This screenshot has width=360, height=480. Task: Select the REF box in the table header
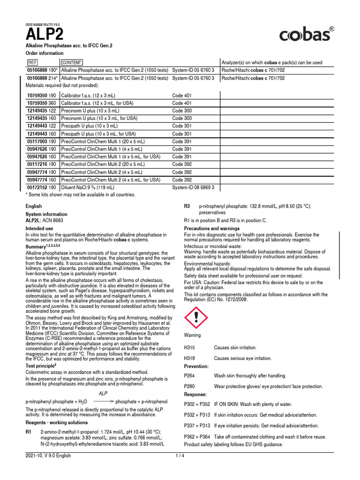pos(32,62)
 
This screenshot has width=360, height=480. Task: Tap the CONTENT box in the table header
pos(72,62)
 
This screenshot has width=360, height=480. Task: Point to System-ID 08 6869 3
pos(193,187)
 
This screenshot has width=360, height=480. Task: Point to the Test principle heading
pos(41,365)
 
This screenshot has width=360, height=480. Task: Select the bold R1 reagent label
pos(29,431)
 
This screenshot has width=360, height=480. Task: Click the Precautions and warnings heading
pos(212,228)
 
